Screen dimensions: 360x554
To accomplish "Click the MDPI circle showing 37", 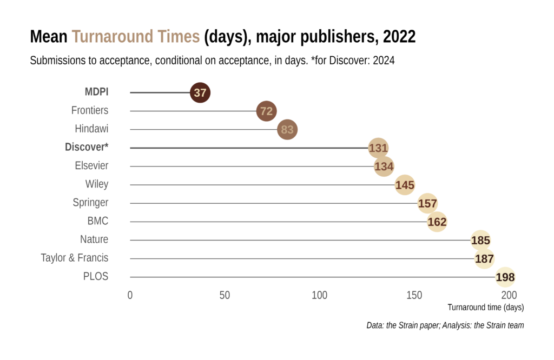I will (x=200, y=93).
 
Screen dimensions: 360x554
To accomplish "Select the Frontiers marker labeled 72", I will (x=266, y=111).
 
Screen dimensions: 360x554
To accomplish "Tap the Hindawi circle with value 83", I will (x=287, y=130).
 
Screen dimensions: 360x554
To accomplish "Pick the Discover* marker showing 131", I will (x=378, y=148).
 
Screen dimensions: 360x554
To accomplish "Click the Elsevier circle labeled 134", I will (x=384, y=166).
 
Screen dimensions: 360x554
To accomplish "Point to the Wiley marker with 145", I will (x=405, y=185).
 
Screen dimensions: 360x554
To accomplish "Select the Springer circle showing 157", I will (x=427, y=204).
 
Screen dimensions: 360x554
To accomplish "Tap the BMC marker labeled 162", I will (x=437, y=222).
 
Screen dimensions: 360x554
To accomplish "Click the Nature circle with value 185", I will (x=480, y=241).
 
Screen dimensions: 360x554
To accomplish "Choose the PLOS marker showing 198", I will (x=505, y=277).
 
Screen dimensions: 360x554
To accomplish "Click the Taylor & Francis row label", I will (x=75, y=258).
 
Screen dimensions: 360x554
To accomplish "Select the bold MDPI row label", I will (x=96, y=92).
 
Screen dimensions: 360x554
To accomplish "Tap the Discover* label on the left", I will (x=87, y=148).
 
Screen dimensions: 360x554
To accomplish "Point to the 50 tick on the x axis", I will (x=225, y=295).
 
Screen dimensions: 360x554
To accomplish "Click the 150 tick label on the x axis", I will (x=414, y=295).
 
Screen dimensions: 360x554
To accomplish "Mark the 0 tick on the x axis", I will (x=130, y=295).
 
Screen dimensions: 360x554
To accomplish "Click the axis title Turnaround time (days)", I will (x=485, y=308).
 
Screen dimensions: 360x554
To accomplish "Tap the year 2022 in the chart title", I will (x=399, y=37).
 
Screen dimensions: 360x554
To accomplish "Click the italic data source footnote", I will (x=445, y=325).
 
